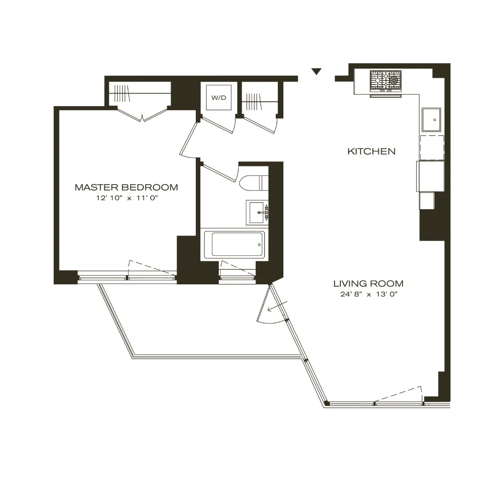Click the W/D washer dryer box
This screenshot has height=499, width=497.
tap(219, 98)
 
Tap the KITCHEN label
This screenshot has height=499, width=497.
tap(371, 151)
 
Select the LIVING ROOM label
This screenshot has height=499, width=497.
tap(368, 284)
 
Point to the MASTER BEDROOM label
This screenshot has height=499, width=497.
tap(126, 187)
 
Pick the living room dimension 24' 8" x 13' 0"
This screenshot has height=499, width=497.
tap(368, 294)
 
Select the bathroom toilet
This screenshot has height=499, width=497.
tap(253, 183)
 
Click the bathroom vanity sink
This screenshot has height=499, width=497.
tap(257, 212)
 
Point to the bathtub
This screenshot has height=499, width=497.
tap(234, 244)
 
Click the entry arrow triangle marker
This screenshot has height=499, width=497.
tap(316, 71)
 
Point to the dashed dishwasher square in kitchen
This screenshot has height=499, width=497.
tap(431, 147)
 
